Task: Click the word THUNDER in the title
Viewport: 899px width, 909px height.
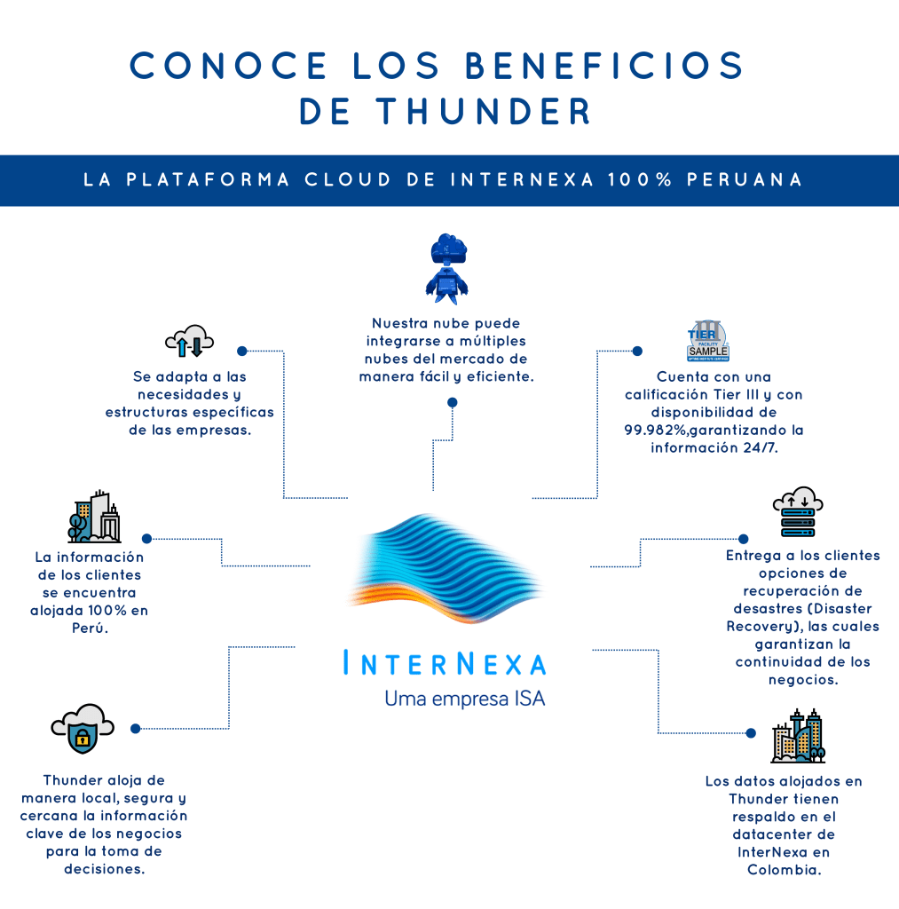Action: point(484,112)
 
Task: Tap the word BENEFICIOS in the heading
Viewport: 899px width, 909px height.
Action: point(604,66)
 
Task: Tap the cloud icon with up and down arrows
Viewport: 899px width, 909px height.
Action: point(189,341)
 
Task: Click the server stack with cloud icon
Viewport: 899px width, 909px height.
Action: point(796,512)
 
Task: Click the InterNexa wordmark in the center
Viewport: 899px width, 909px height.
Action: point(445,664)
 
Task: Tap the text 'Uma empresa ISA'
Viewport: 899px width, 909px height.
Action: point(464,700)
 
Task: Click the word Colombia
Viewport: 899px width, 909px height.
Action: point(784,870)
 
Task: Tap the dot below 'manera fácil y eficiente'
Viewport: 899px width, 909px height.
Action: point(453,403)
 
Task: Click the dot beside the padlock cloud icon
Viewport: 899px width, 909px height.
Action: point(136,729)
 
